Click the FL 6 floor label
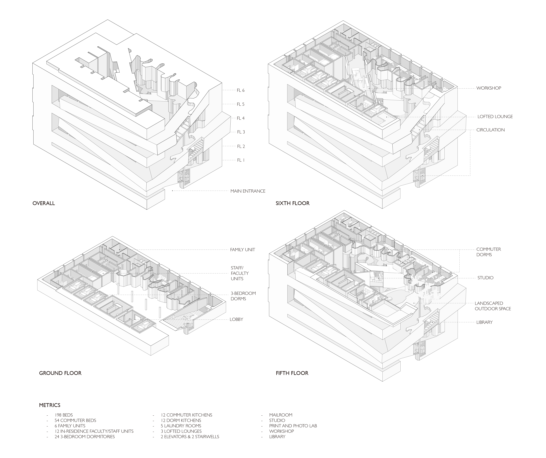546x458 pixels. (241, 91)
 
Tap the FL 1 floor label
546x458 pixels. (241, 160)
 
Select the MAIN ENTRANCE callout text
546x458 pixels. (248, 191)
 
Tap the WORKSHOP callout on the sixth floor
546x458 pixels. (488, 88)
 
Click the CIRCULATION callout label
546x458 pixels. (490, 130)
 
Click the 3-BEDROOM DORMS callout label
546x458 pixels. (243, 296)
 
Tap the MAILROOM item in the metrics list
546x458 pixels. (281, 415)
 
